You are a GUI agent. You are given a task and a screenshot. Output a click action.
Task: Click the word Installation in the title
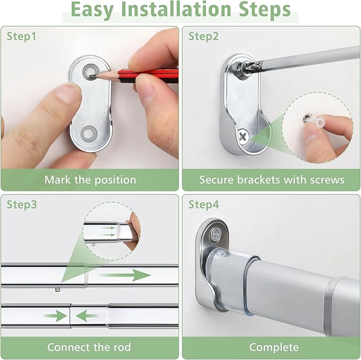coord(176,9)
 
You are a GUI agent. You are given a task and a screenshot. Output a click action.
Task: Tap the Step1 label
coord(22,36)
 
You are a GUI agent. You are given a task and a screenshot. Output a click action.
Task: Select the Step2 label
coord(204,36)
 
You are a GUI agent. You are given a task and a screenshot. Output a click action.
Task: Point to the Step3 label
coord(22,205)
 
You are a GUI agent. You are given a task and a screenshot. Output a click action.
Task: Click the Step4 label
coord(204,205)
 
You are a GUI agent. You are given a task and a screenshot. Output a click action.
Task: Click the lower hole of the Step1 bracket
coord(88,133)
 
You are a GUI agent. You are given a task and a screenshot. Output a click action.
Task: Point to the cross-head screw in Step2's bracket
coord(242,137)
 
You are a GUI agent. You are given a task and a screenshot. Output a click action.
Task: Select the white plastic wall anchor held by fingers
coord(315,121)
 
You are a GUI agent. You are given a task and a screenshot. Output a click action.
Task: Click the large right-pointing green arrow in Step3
coord(125,275)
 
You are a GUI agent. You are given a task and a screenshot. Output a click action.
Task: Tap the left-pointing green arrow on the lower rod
coord(87,316)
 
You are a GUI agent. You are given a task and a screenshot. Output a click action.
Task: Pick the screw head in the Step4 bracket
coord(216,235)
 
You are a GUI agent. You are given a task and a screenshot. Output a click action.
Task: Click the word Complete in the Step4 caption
coord(274,347)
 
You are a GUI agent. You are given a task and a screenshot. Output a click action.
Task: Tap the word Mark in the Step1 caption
coord(57,180)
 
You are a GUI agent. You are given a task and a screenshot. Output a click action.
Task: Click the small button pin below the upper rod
coord(58,289)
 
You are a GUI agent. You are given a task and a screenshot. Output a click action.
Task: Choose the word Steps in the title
coord(265,10)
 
